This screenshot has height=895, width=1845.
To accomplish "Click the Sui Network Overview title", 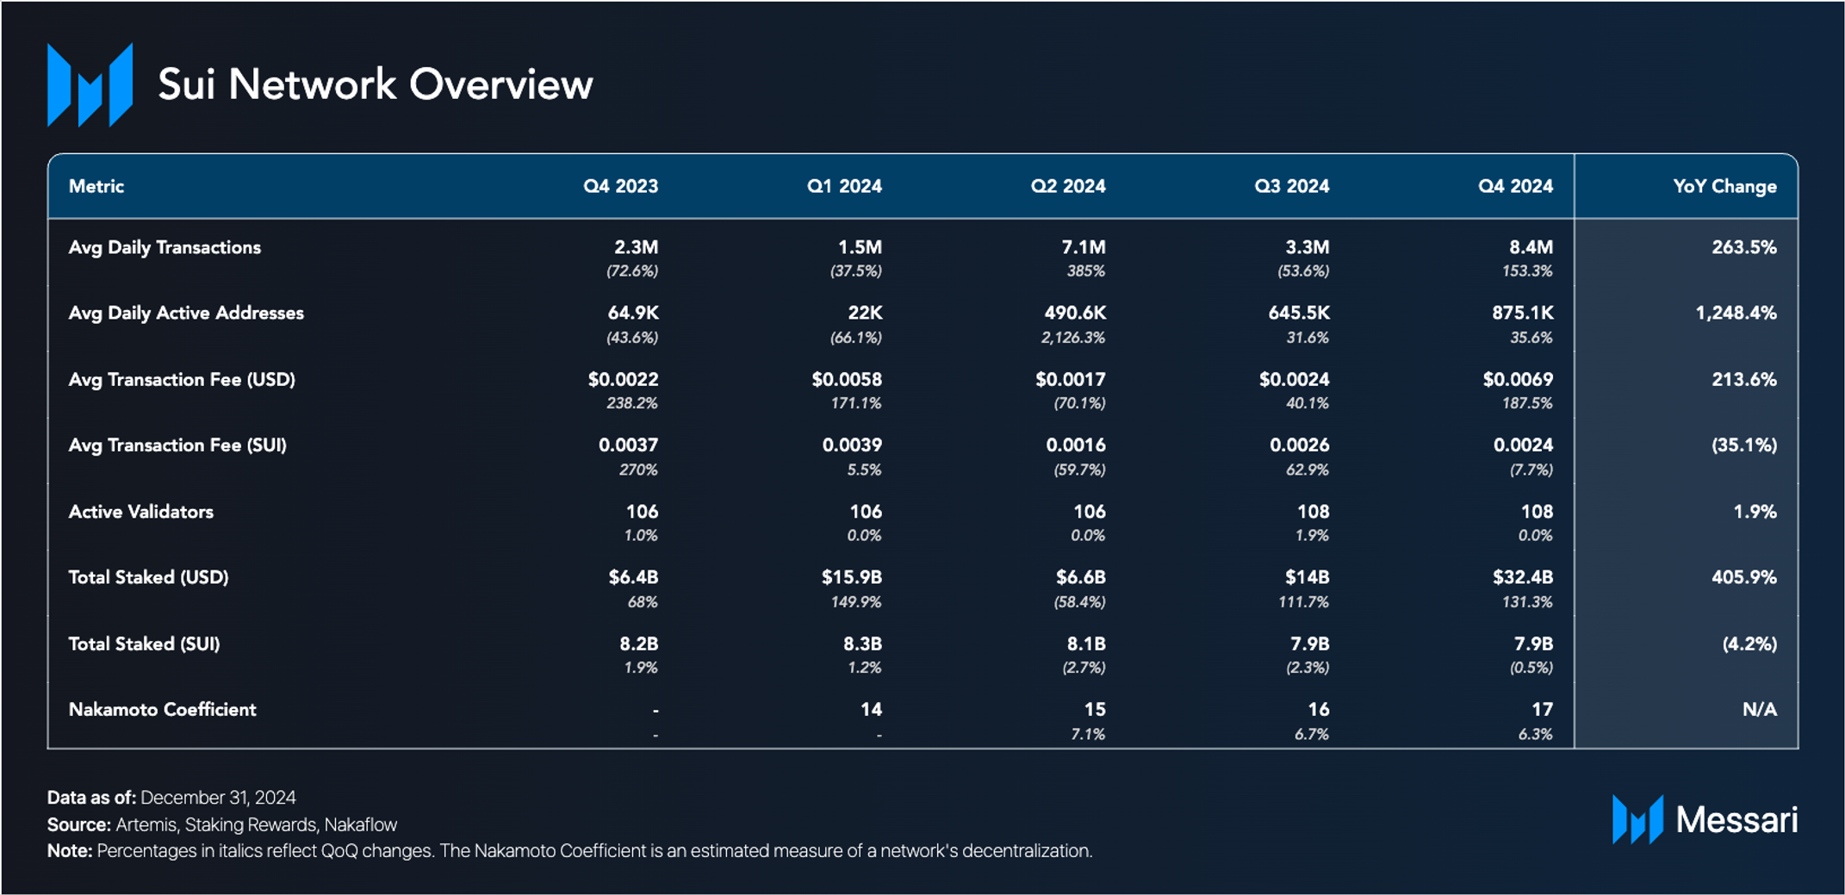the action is coord(376,84).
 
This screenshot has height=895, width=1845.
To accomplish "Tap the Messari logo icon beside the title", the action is coord(90,84).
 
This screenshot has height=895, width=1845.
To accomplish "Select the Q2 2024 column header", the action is coord(1068,186).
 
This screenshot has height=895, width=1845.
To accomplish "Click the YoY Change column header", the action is coord(1724,186).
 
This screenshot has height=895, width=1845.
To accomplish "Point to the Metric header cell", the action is coord(96,186).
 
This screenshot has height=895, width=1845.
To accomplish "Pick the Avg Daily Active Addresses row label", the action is coord(186,313).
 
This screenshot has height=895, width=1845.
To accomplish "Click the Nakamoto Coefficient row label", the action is coord(162,709).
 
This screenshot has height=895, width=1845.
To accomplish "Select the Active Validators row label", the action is coord(141,511).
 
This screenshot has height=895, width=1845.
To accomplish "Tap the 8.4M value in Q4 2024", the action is coord(1531,247).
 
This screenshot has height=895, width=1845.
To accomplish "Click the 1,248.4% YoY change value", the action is coord(1736,313).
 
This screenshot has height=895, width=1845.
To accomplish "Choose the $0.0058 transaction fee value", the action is coord(847,379).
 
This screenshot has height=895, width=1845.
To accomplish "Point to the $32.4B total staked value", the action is coord(1523,577).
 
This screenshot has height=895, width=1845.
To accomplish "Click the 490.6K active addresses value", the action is coord(1075,313).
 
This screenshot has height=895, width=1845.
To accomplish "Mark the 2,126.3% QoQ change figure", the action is coord(1072,338).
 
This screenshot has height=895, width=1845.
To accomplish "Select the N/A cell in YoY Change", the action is coord(1760,709).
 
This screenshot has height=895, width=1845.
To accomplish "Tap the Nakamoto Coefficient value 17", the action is coord(1542,709).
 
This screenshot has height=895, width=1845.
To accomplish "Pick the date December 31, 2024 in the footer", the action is coord(218,798).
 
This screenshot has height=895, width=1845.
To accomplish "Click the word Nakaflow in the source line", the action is coord(361,824).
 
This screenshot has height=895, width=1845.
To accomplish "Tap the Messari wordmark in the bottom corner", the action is coord(1736,820).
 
